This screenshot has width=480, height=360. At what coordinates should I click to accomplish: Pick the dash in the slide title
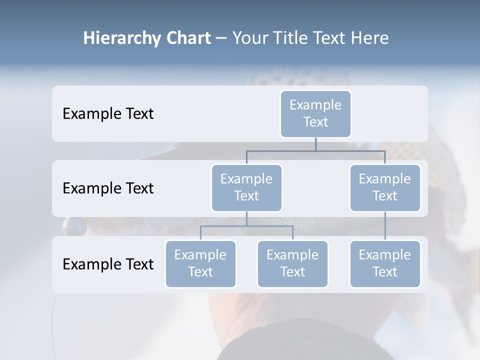click(221, 39)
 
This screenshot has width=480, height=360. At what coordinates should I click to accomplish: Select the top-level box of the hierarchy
click(315, 113)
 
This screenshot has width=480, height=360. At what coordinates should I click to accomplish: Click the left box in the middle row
click(246, 187)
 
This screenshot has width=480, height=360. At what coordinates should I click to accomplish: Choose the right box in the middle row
click(385, 187)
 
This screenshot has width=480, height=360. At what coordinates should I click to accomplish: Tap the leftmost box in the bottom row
click(200, 263)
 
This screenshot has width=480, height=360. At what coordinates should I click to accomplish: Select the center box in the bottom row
click(292, 263)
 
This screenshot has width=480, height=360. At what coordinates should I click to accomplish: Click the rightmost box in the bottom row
click(385, 263)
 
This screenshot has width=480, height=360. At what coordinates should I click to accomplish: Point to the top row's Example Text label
click(108, 113)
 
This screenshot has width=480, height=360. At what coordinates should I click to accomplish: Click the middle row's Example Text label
click(108, 188)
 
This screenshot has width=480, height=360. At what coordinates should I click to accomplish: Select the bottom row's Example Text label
click(108, 264)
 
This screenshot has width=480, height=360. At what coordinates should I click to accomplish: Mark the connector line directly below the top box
click(315, 144)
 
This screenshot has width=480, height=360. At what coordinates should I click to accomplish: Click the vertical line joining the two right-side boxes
click(385, 226)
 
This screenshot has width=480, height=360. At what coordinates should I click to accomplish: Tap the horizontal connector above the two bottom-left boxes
click(246, 226)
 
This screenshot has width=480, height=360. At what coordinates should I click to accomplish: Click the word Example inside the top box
click(315, 105)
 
